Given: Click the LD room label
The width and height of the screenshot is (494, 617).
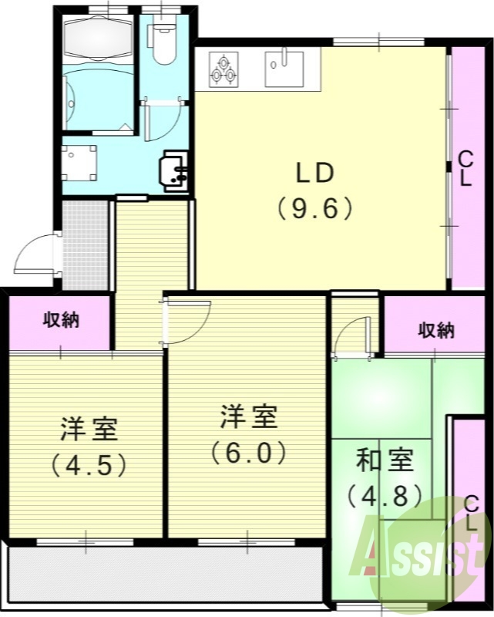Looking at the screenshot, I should [314, 174].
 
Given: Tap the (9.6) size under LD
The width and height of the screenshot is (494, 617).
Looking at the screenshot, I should [314, 208].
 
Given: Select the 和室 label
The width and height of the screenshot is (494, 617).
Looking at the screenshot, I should [385, 460].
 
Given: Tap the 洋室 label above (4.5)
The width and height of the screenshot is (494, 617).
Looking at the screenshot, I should [89, 428].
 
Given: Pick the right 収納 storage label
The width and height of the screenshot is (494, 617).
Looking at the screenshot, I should [436, 331].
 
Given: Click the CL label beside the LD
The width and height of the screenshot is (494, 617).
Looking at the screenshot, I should [465, 169].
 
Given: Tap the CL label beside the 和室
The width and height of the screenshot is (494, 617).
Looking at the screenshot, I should [471, 512].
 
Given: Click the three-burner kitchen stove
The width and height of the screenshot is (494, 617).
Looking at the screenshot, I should [224, 70].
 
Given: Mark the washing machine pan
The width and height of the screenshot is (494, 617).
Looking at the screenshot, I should [79, 163].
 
